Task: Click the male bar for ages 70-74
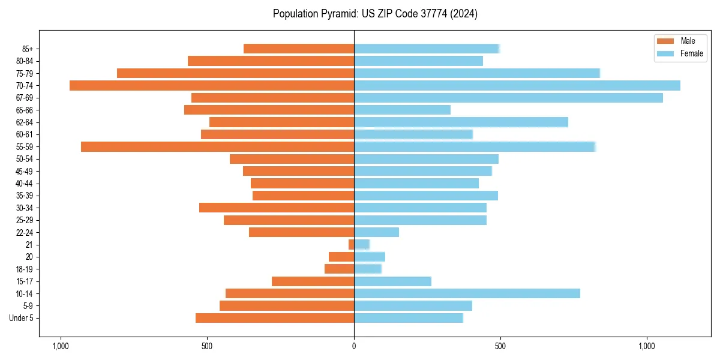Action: coord(212,85)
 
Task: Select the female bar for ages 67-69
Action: coord(508,98)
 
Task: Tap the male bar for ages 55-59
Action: coord(217,146)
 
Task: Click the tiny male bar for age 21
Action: coord(351,245)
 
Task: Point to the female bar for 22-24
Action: coord(376,232)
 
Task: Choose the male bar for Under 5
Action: coord(275,318)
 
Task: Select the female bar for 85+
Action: coord(427,49)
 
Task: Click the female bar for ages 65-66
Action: coord(402,110)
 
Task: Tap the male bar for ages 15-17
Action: coord(313,281)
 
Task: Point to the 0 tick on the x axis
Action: coord(354,346)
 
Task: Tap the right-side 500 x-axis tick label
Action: coord(500,346)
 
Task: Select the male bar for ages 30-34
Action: coord(277,208)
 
